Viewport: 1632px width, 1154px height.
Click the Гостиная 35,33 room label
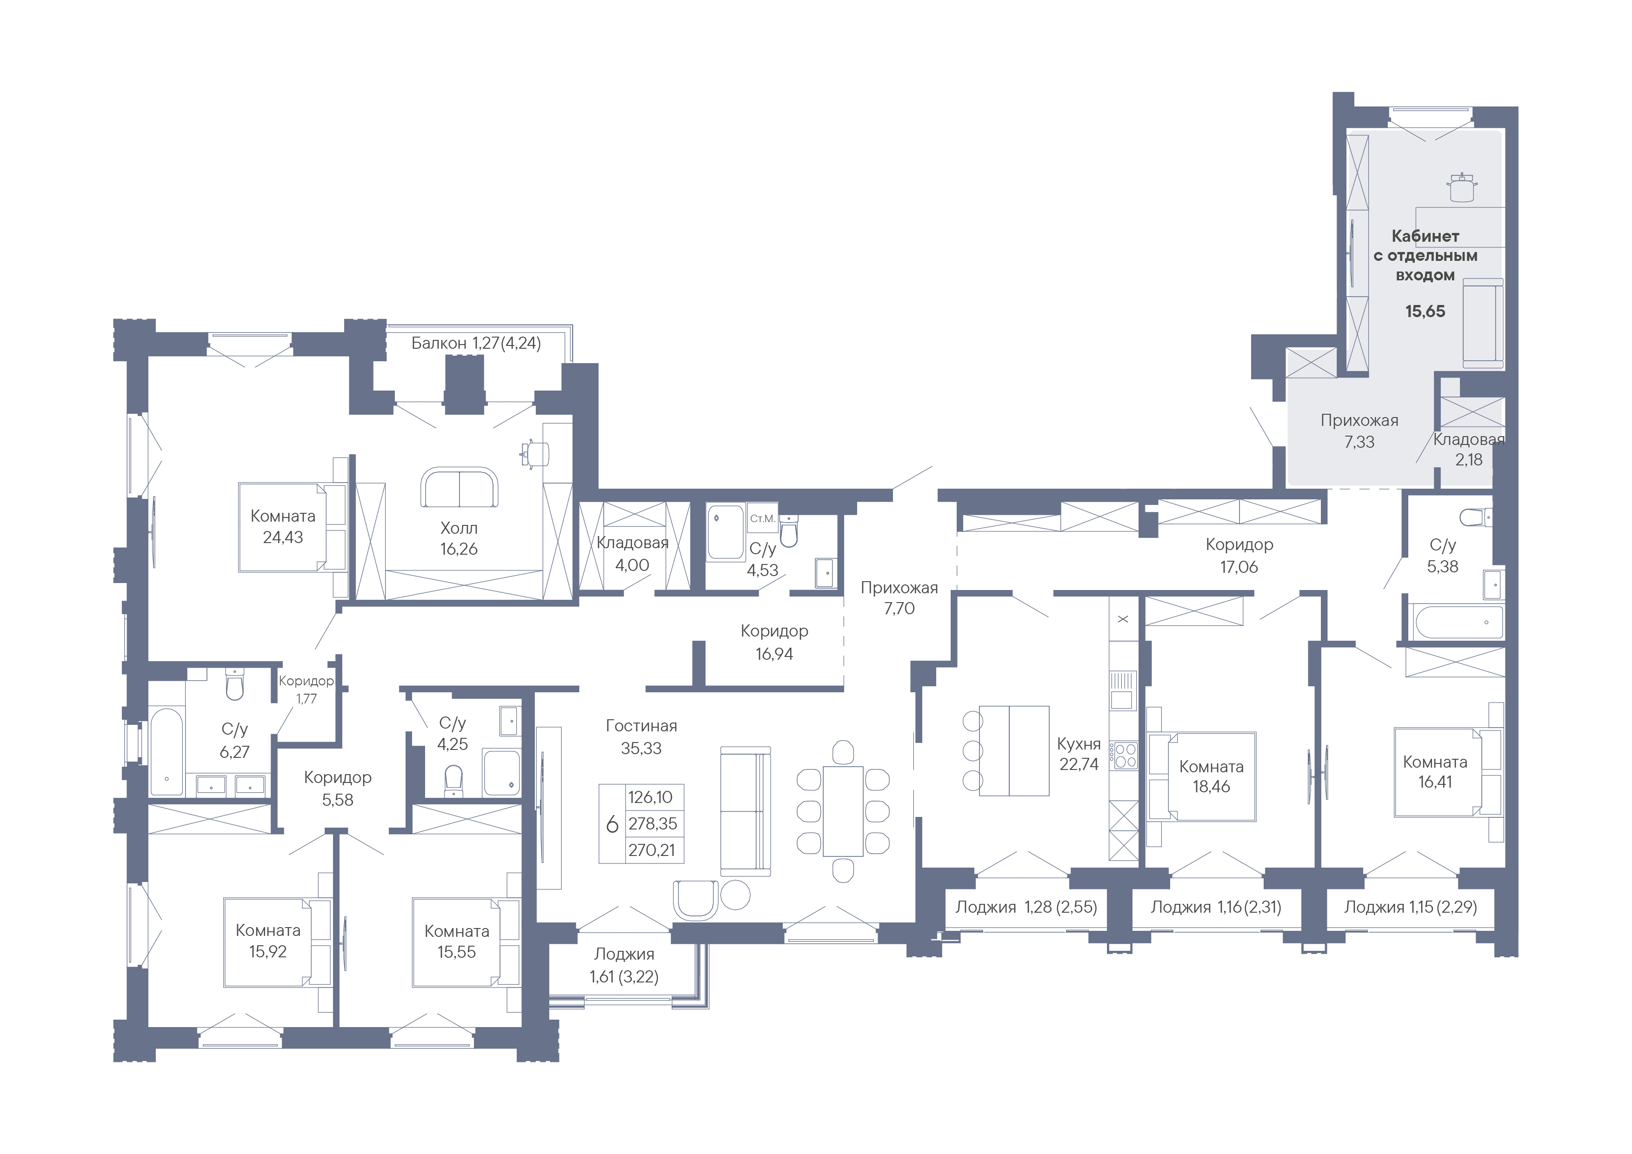(641, 737)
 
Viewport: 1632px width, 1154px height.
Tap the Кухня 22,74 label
(1078, 754)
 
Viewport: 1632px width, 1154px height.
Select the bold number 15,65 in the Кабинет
(1425, 311)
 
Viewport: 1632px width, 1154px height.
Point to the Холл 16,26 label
(459, 538)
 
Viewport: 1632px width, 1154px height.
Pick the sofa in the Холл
(459, 487)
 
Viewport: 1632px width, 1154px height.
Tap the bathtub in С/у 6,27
(167, 751)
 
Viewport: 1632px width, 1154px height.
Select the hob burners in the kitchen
(1125, 756)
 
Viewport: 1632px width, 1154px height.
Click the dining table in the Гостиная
(843, 811)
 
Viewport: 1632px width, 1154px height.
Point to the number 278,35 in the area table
(653, 823)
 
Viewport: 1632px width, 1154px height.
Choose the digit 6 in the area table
(612, 824)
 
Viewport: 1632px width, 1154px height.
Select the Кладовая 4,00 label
(633, 554)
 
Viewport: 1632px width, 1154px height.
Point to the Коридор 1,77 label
(306, 689)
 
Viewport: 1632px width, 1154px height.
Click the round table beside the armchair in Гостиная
(736, 895)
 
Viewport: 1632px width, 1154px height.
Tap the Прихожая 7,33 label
(1359, 431)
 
